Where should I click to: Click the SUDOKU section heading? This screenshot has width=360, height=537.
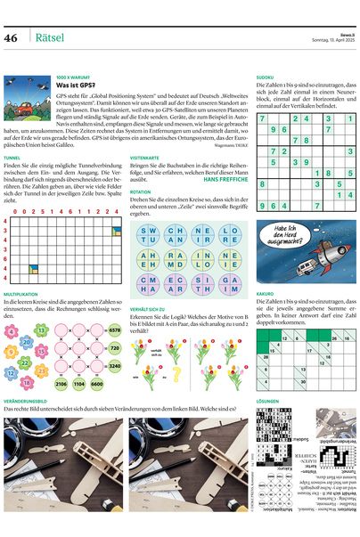pos(265,77)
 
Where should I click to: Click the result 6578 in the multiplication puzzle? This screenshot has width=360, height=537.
pos(114,329)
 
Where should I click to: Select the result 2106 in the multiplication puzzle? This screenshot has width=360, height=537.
pos(61,383)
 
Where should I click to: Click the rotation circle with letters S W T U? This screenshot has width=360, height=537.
pos(148,235)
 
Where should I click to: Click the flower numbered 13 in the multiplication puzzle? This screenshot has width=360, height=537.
pos(41,330)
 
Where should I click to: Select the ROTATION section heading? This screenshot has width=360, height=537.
pos(140,191)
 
